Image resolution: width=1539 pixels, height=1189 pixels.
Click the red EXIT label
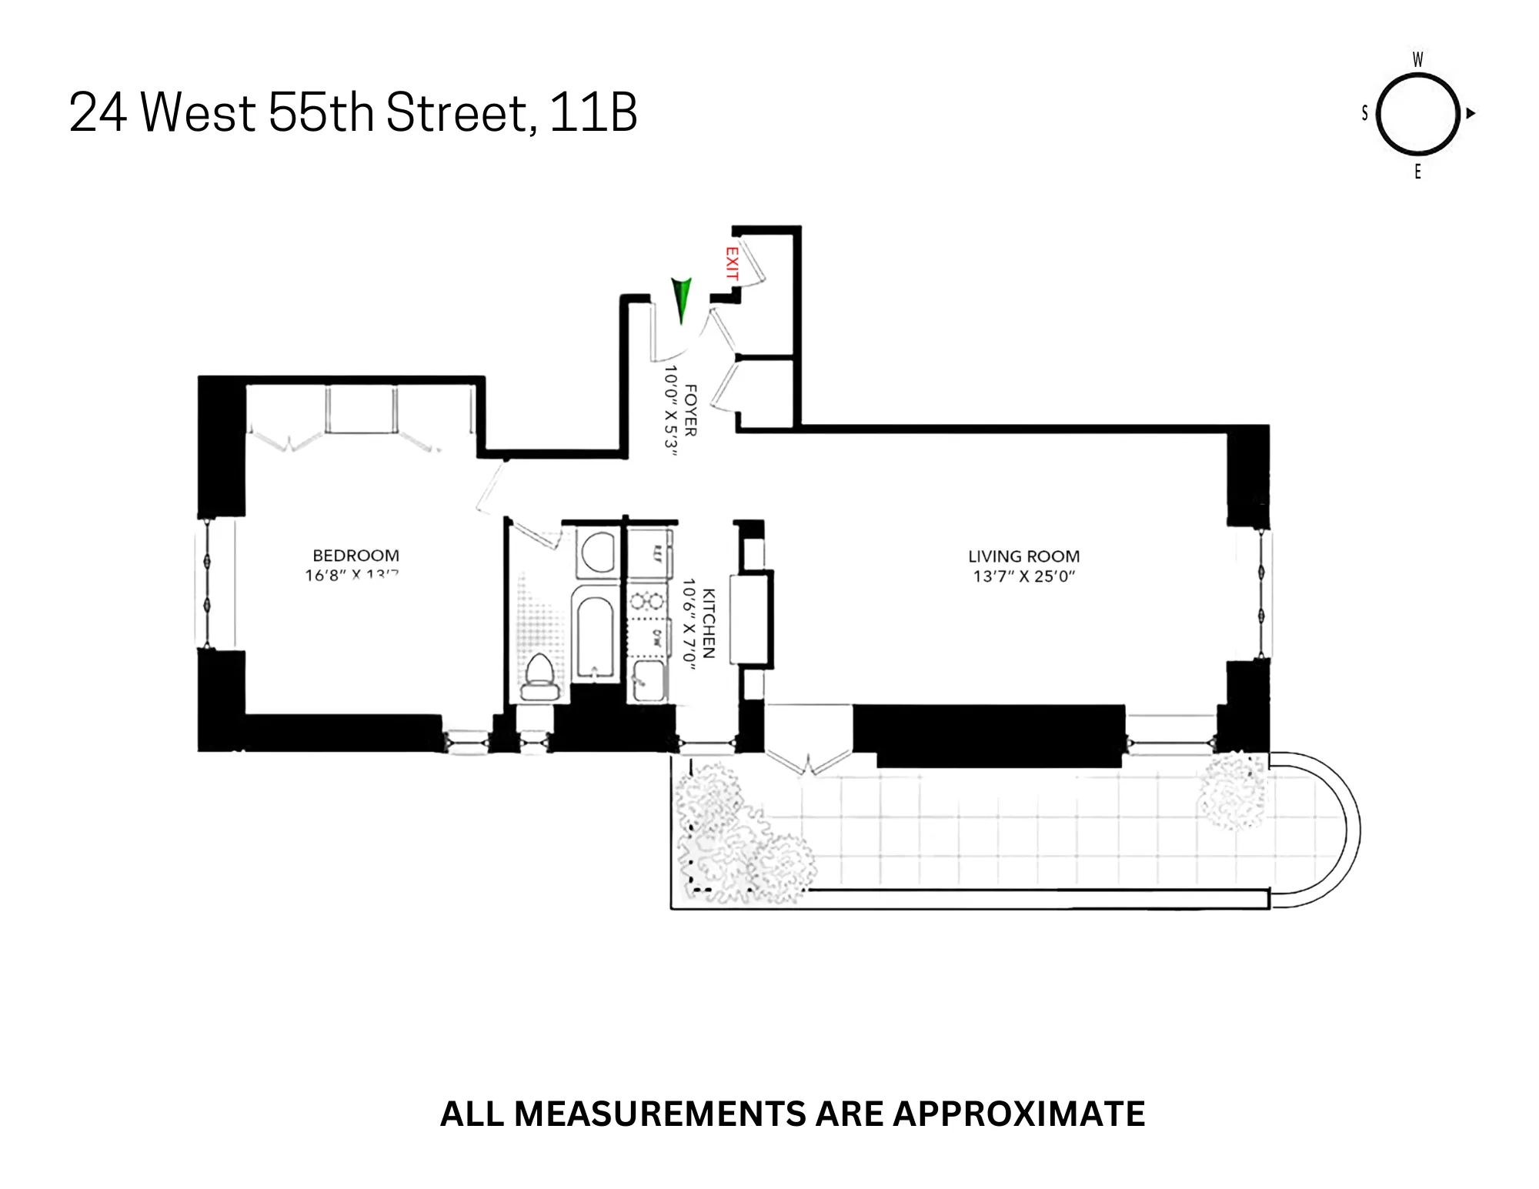[732, 264]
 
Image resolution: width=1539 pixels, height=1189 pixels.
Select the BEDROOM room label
[356, 556]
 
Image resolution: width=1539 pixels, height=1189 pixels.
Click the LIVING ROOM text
[1023, 556]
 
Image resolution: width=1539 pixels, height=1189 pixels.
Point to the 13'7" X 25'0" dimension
[1023, 576]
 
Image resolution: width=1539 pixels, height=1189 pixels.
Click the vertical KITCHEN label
[709, 623]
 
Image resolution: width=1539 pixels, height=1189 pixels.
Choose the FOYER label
[690, 410]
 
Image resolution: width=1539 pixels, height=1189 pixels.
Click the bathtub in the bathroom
[595, 636]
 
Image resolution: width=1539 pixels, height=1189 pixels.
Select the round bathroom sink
[597, 551]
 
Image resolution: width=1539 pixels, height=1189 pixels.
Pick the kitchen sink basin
[648, 680]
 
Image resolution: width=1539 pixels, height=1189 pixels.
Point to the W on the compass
[1417, 60]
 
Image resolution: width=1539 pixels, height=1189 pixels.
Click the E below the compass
[1417, 172]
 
